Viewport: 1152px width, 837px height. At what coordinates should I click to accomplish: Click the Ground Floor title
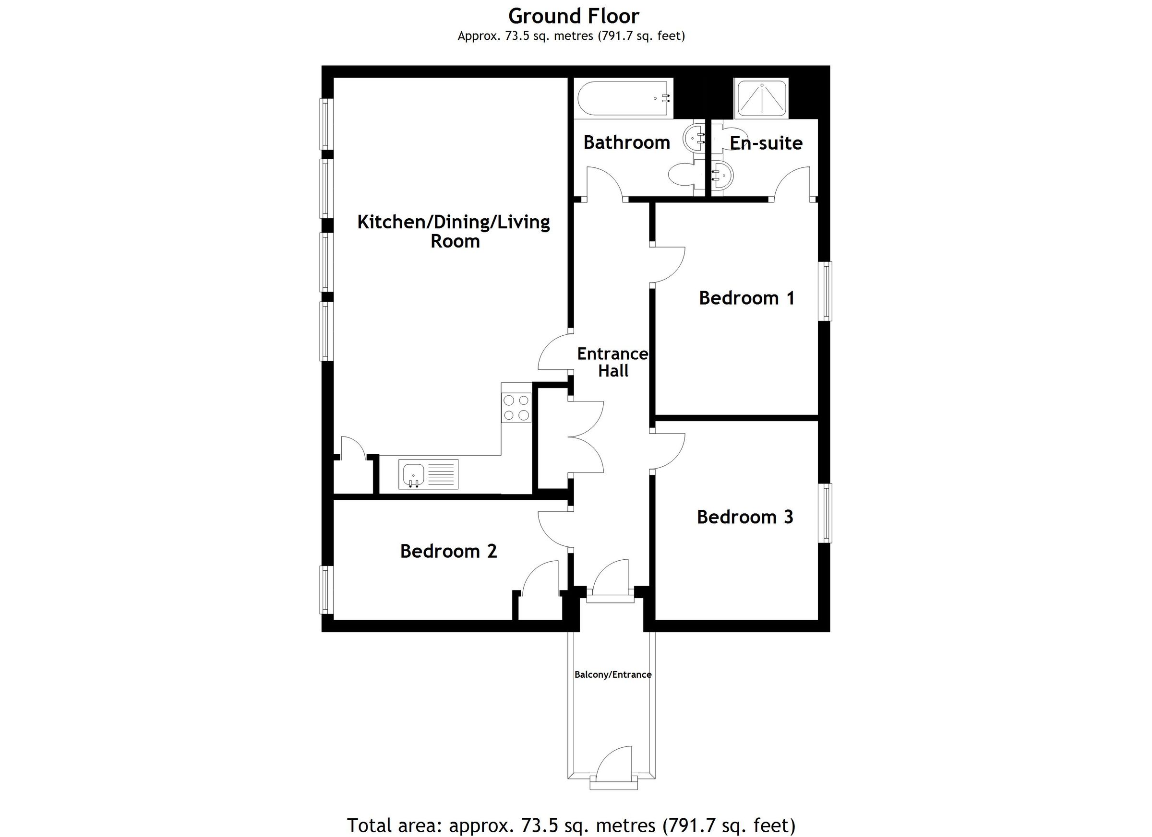click(574, 16)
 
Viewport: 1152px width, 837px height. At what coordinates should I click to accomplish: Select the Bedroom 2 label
click(448, 551)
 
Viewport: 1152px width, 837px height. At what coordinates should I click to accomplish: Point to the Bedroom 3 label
click(744, 517)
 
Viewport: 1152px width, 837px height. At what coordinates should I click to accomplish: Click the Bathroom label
click(626, 142)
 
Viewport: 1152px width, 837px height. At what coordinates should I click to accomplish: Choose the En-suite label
click(766, 143)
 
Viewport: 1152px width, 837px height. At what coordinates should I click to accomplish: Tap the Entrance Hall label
click(612, 363)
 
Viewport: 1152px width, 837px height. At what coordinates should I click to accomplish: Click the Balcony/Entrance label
click(612, 674)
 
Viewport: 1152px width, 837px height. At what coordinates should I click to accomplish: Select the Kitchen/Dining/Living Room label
click(454, 232)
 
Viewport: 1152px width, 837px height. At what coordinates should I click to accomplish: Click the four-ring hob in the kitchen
click(516, 408)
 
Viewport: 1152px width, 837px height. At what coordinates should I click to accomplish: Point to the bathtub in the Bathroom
click(623, 98)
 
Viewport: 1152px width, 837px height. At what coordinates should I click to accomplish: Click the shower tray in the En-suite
click(761, 98)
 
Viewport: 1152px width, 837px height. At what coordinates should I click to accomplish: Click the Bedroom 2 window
click(326, 590)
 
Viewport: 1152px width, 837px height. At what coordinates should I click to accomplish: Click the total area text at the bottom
click(571, 825)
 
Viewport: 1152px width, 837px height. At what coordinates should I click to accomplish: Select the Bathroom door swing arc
click(605, 181)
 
